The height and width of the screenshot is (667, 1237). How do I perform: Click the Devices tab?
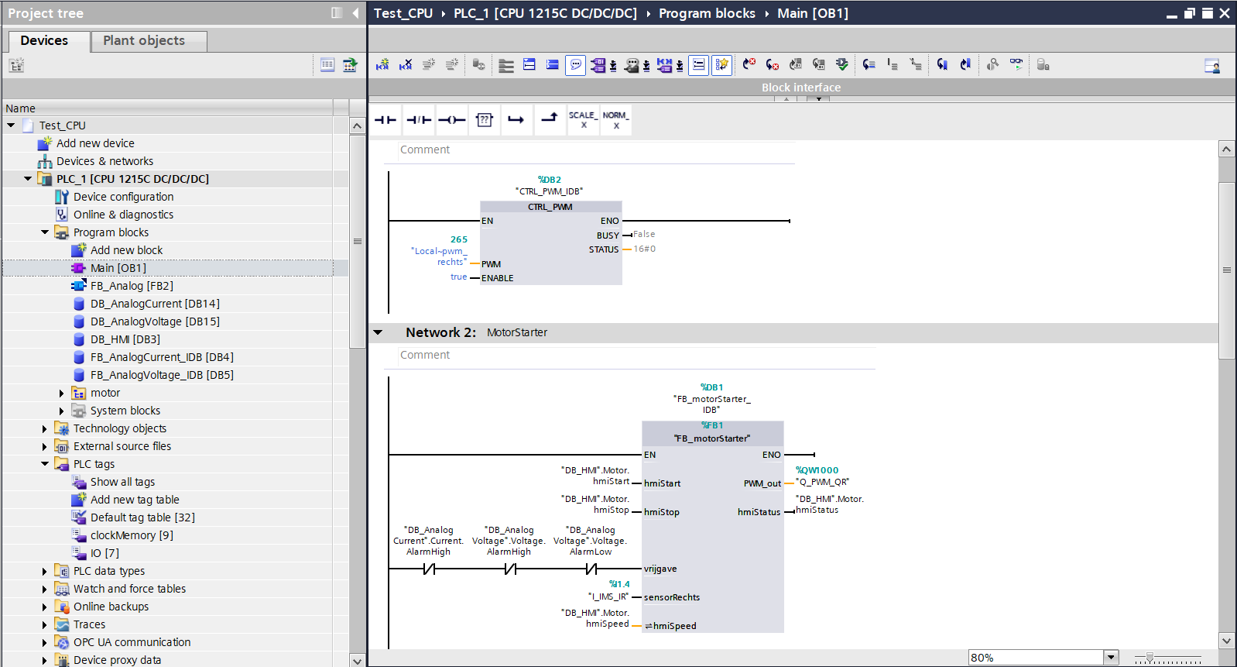44,41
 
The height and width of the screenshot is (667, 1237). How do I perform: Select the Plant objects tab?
144,41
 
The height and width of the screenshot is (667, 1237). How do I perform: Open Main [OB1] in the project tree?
118,268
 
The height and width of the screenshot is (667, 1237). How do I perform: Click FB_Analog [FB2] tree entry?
132,286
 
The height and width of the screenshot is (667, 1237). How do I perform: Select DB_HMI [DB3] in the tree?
125,339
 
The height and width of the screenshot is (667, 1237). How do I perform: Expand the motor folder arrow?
61,393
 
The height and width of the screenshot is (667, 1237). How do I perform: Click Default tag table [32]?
142,517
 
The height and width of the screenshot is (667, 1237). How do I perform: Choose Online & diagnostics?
123,215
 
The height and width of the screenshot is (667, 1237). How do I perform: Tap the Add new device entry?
95,143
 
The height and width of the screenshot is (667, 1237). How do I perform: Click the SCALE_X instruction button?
583,120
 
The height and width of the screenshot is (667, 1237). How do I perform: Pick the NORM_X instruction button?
615,120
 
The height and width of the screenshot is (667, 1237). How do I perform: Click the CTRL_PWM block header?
550,207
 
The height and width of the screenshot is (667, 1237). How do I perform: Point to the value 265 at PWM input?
459,239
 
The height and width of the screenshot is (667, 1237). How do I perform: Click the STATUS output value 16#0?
645,249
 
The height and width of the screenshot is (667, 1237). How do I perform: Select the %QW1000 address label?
817,470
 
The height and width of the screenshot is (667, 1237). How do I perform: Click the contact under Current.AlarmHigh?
429,569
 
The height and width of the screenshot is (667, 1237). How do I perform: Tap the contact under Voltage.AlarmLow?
591,569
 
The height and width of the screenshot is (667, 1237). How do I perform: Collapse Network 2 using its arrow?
378,332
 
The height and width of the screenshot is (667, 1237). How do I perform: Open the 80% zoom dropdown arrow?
1111,658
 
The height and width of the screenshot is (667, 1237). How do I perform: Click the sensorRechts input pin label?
671,597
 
